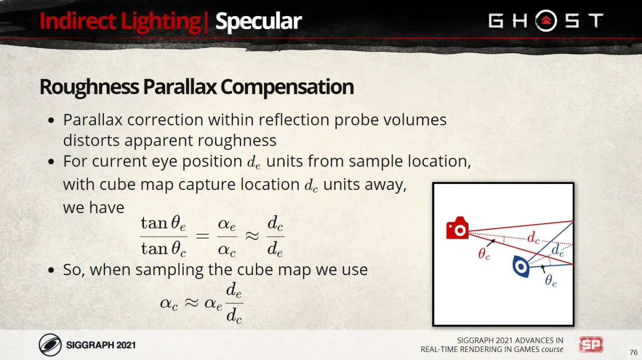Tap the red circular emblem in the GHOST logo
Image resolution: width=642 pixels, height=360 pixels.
[x=546, y=21]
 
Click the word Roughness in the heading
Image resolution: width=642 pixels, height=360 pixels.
[x=89, y=87]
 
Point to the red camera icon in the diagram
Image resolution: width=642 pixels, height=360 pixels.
[x=457, y=228]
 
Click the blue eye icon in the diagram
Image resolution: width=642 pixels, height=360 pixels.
[x=521, y=267]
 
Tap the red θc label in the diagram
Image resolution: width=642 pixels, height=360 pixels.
[x=484, y=254]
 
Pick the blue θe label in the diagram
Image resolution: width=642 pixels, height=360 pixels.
[x=551, y=280]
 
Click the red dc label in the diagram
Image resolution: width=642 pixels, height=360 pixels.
[x=533, y=238]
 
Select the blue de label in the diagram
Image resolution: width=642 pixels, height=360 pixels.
[x=558, y=250]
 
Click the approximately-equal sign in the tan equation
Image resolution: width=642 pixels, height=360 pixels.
[x=252, y=236]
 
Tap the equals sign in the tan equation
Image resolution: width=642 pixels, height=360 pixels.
[x=202, y=236]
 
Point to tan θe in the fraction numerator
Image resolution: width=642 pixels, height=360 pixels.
[x=164, y=224]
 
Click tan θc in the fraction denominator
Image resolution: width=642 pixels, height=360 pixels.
[x=164, y=249]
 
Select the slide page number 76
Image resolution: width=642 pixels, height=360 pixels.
[x=633, y=352]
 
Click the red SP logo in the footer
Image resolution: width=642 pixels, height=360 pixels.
[x=591, y=345]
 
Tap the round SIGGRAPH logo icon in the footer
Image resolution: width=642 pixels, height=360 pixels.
[x=50, y=345]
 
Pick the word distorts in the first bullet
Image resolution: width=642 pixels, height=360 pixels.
[x=91, y=140]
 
